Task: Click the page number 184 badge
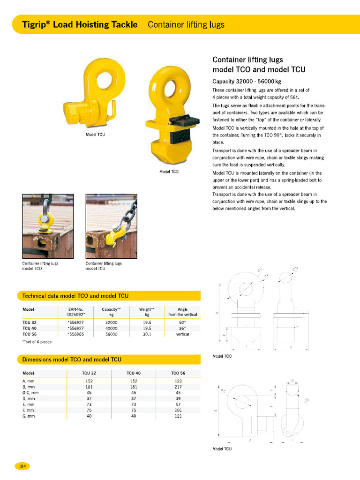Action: pyautogui.click(x=22, y=466)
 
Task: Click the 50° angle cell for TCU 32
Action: pyautogui.click(x=183, y=323)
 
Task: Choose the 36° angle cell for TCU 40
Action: pyautogui.click(x=183, y=329)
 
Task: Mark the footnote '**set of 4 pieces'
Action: pyautogui.click(x=37, y=342)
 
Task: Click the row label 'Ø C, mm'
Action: pyautogui.click(x=31, y=393)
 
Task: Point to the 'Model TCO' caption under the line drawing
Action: pyautogui.click(x=222, y=356)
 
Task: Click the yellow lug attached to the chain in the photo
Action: pyautogui.click(x=115, y=233)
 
